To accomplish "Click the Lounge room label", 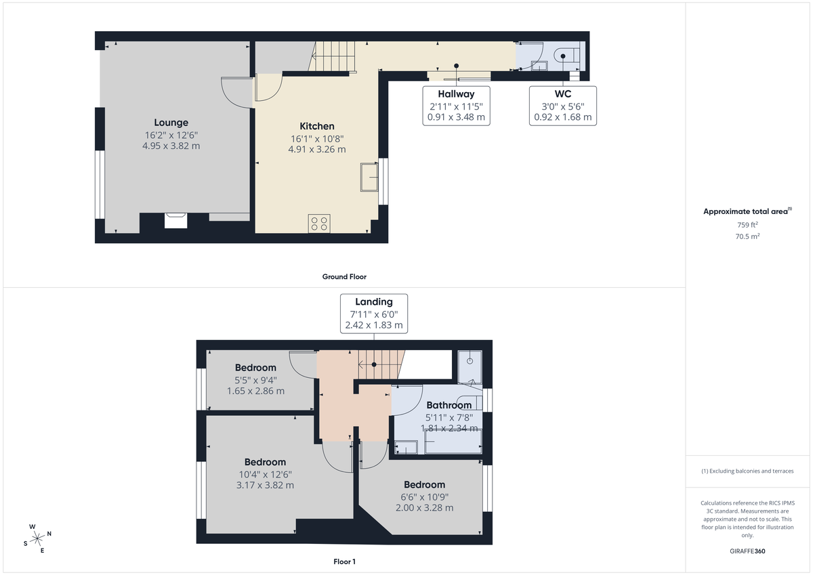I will point(171,123).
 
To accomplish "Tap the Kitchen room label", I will point(317,126).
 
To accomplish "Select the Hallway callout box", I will point(456,106).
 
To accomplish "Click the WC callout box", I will point(562,106).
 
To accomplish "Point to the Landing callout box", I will point(374,313).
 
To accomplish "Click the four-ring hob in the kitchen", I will point(319,223).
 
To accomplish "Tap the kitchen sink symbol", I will point(370,177).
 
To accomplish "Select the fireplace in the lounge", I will point(175,221).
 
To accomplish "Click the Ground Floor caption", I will point(344,276).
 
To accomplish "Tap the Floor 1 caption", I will point(344,561).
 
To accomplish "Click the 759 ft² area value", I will point(747,225).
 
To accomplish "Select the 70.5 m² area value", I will point(747,237).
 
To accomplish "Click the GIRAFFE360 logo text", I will point(747,551).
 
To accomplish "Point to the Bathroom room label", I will point(449,405).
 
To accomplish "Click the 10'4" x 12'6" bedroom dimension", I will point(265,474).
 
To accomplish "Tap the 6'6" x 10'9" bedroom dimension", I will point(425,496).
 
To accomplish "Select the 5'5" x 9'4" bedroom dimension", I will point(255,380).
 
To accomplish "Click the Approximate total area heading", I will point(747,211).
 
